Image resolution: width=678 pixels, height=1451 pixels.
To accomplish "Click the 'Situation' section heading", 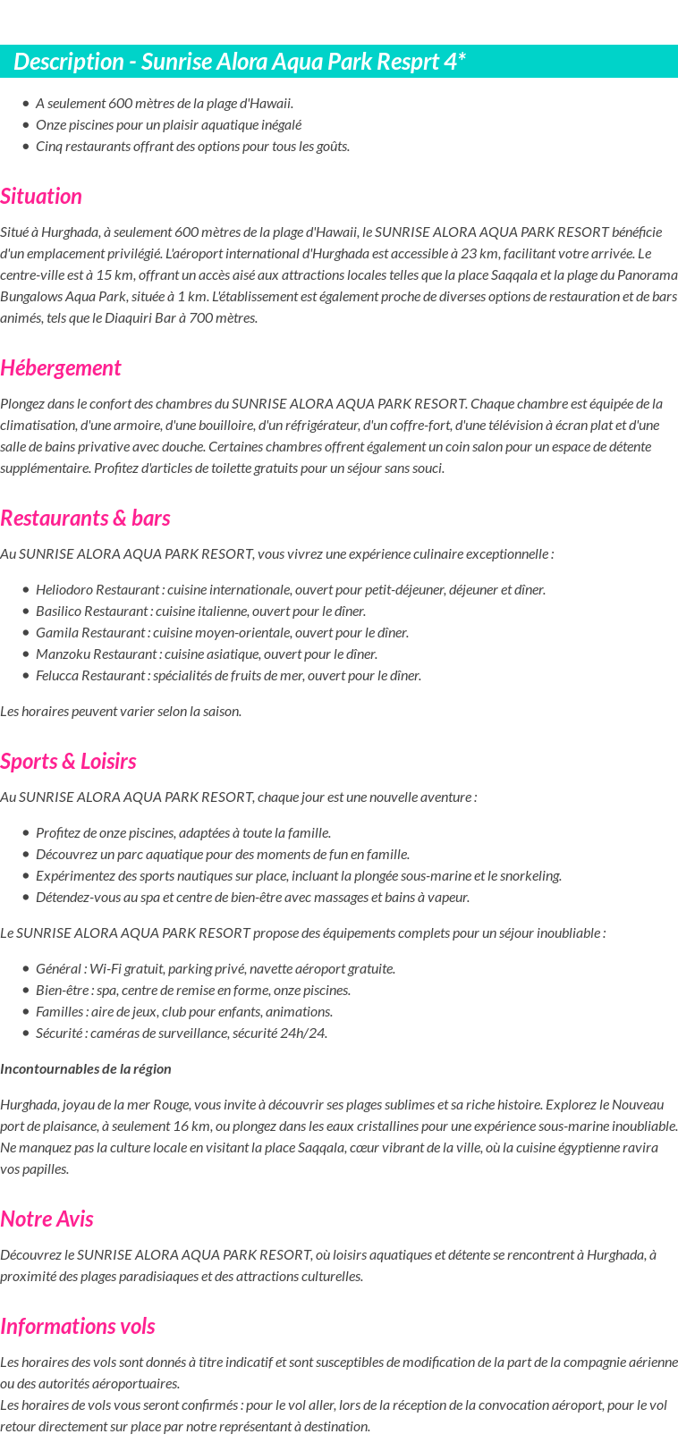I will tap(41, 197).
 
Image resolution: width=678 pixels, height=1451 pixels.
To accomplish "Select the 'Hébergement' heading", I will tap(60, 368).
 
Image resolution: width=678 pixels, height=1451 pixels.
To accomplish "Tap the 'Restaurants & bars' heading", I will tap(85, 519).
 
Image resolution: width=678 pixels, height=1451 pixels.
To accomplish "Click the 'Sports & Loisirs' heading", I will tap(68, 762).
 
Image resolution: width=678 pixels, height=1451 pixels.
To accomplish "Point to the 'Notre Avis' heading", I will tap(47, 1219).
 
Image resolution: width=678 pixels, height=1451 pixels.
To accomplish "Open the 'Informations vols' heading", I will tap(77, 1327).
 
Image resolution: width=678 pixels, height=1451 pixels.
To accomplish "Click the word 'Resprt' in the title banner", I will tap(395, 62).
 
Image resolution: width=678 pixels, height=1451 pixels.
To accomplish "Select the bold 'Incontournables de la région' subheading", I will tap(86, 1069).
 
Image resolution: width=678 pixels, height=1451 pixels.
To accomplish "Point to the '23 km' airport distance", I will tap(484, 254).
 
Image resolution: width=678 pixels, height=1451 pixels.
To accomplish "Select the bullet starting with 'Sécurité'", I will tap(182, 1033).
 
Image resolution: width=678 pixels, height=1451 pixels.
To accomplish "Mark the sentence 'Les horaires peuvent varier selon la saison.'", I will tap(121, 712).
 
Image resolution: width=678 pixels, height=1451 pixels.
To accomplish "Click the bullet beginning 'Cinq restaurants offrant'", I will tap(192, 147).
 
